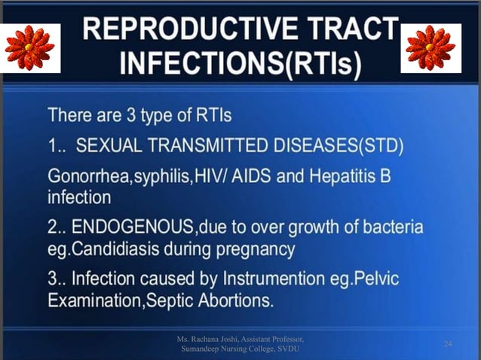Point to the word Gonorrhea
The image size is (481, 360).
[x=82, y=179]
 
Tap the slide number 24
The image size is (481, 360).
[x=448, y=344]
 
